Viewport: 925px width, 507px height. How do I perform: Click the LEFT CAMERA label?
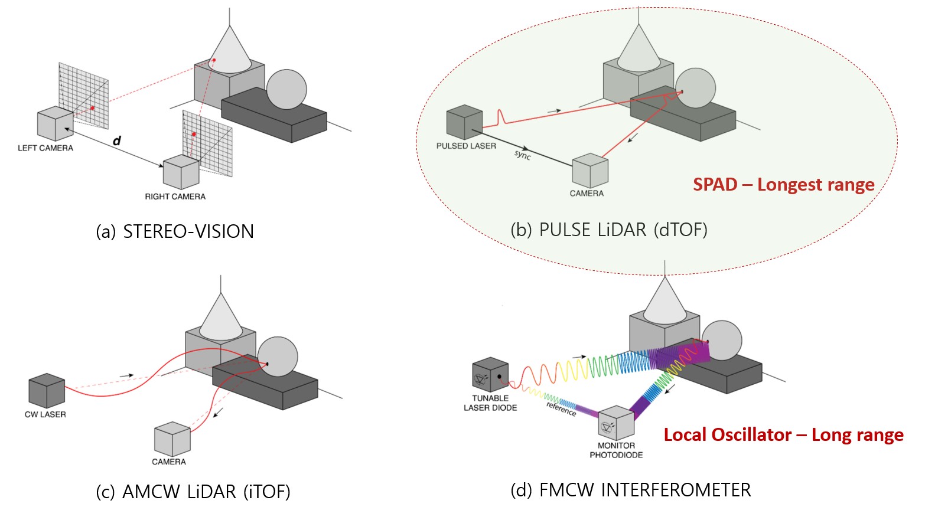45,148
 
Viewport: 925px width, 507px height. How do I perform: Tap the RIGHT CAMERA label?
175,197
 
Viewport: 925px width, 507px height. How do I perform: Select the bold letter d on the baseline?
117,140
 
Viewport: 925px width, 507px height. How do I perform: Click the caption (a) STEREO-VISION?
175,231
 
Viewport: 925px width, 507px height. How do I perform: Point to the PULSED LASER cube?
465,123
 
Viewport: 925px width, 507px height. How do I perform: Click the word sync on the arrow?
523,155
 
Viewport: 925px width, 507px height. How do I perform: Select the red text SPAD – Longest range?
783,185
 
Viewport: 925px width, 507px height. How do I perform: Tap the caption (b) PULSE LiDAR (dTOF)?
608,230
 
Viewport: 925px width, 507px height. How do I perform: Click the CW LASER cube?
47,391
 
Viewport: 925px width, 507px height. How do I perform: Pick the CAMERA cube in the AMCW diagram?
172,439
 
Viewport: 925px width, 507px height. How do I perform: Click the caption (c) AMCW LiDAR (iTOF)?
193,491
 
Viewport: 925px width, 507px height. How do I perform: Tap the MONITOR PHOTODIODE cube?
616,423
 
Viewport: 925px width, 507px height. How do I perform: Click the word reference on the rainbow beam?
561,408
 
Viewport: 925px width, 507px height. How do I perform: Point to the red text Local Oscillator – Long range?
783,435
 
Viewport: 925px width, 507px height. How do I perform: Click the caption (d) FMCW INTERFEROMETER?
630,490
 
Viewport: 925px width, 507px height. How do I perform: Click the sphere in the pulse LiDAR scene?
695,89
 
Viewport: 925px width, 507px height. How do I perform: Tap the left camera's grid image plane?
84,95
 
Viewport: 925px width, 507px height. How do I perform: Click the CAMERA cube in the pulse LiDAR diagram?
590,171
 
